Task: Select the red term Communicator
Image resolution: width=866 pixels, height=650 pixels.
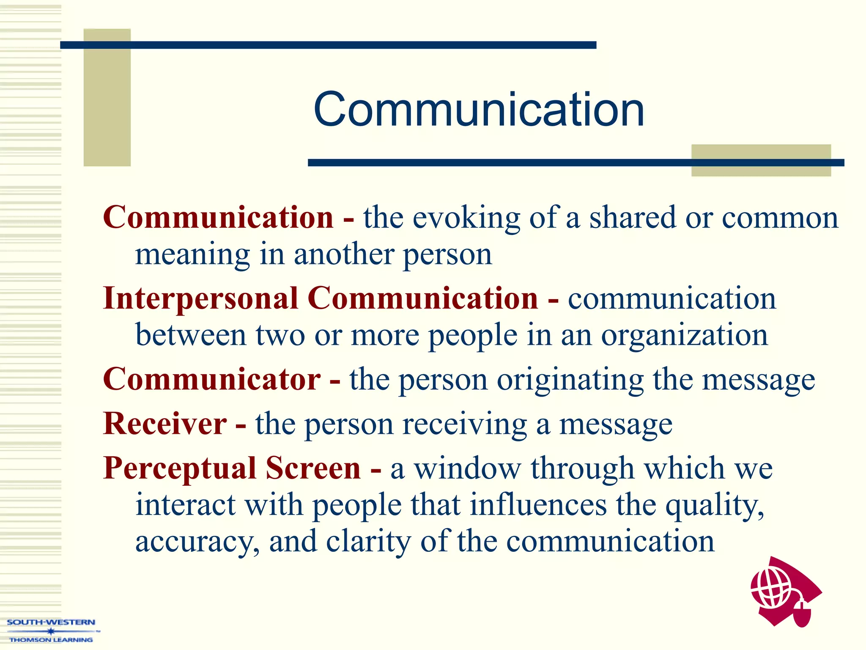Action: coord(211,379)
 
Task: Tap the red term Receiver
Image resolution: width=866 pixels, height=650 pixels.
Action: coord(165,424)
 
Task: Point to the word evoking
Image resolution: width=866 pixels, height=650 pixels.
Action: coord(466,218)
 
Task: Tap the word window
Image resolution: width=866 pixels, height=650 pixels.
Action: coord(467,468)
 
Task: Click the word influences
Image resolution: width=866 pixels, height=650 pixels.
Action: coord(538,505)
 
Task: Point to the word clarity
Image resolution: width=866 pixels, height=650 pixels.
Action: coord(368,542)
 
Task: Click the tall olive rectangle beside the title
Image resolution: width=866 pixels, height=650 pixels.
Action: coord(107,97)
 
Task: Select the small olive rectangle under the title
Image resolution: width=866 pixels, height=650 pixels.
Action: coord(761,160)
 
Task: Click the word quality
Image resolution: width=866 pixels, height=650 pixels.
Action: coord(714,506)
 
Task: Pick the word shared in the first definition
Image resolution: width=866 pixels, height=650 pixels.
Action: coord(633,218)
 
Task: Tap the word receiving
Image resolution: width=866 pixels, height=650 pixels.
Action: coord(464,424)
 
